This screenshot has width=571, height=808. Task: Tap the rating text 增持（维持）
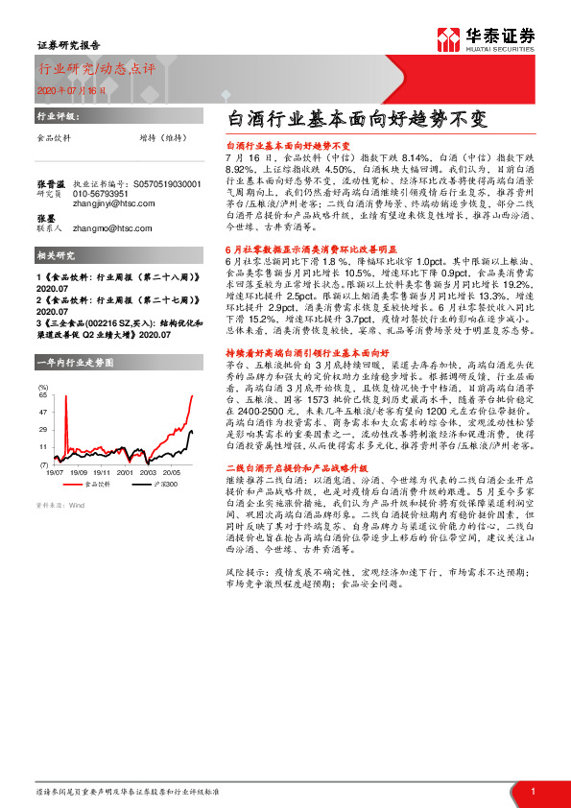(x=162, y=138)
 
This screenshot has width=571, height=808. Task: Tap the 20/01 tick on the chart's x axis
(x=125, y=472)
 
